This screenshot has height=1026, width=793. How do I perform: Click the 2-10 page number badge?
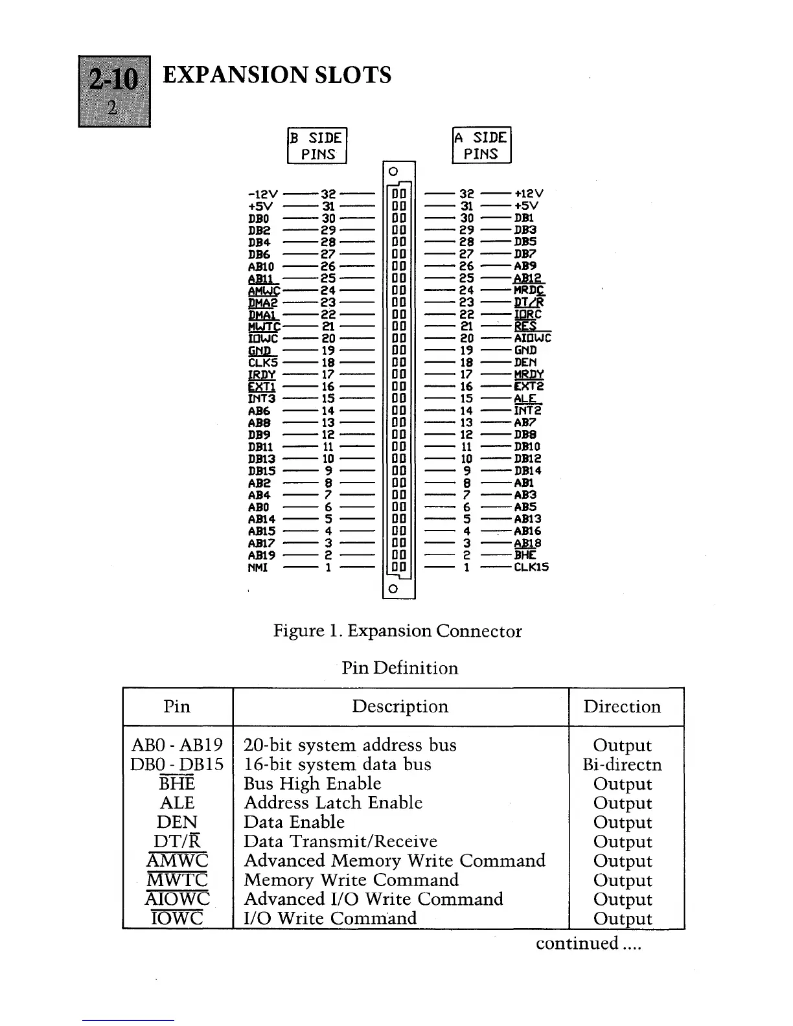tap(114, 91)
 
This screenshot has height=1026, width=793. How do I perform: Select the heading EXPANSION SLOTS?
tap(277, 75)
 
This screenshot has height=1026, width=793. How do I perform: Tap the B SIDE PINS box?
tap(317, 146)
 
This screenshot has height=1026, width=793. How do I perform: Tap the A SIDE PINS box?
tap(481, 146)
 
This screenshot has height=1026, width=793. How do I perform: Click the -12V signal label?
tap(263, 194)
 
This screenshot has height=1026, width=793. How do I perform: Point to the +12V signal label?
tap(529, 194)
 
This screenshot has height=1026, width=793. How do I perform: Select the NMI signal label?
tap(258, 567)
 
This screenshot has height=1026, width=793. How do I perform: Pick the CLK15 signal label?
tap(531, 567)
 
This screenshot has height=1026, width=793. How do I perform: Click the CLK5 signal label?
tap(263, 363)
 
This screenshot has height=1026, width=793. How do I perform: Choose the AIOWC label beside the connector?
tap(533, 338)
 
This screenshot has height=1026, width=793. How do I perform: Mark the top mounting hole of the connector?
tap(393, 172)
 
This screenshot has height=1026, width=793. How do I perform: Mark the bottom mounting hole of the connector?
tap(393, 589)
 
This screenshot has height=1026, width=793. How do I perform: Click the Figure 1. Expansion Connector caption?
tap(397, 631)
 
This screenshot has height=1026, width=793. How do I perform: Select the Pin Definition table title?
tap(400, 668)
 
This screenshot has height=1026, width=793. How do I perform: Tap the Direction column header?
tap(622, 707)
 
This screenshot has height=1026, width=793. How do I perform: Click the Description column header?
tap(400, 707)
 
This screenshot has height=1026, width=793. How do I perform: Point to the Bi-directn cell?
tap(622, 765)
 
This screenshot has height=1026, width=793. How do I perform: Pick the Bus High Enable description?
tap(312, 784)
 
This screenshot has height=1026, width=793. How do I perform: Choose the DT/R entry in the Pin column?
tap(177, 841)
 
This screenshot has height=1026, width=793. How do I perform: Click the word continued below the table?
tap(577, 943)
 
